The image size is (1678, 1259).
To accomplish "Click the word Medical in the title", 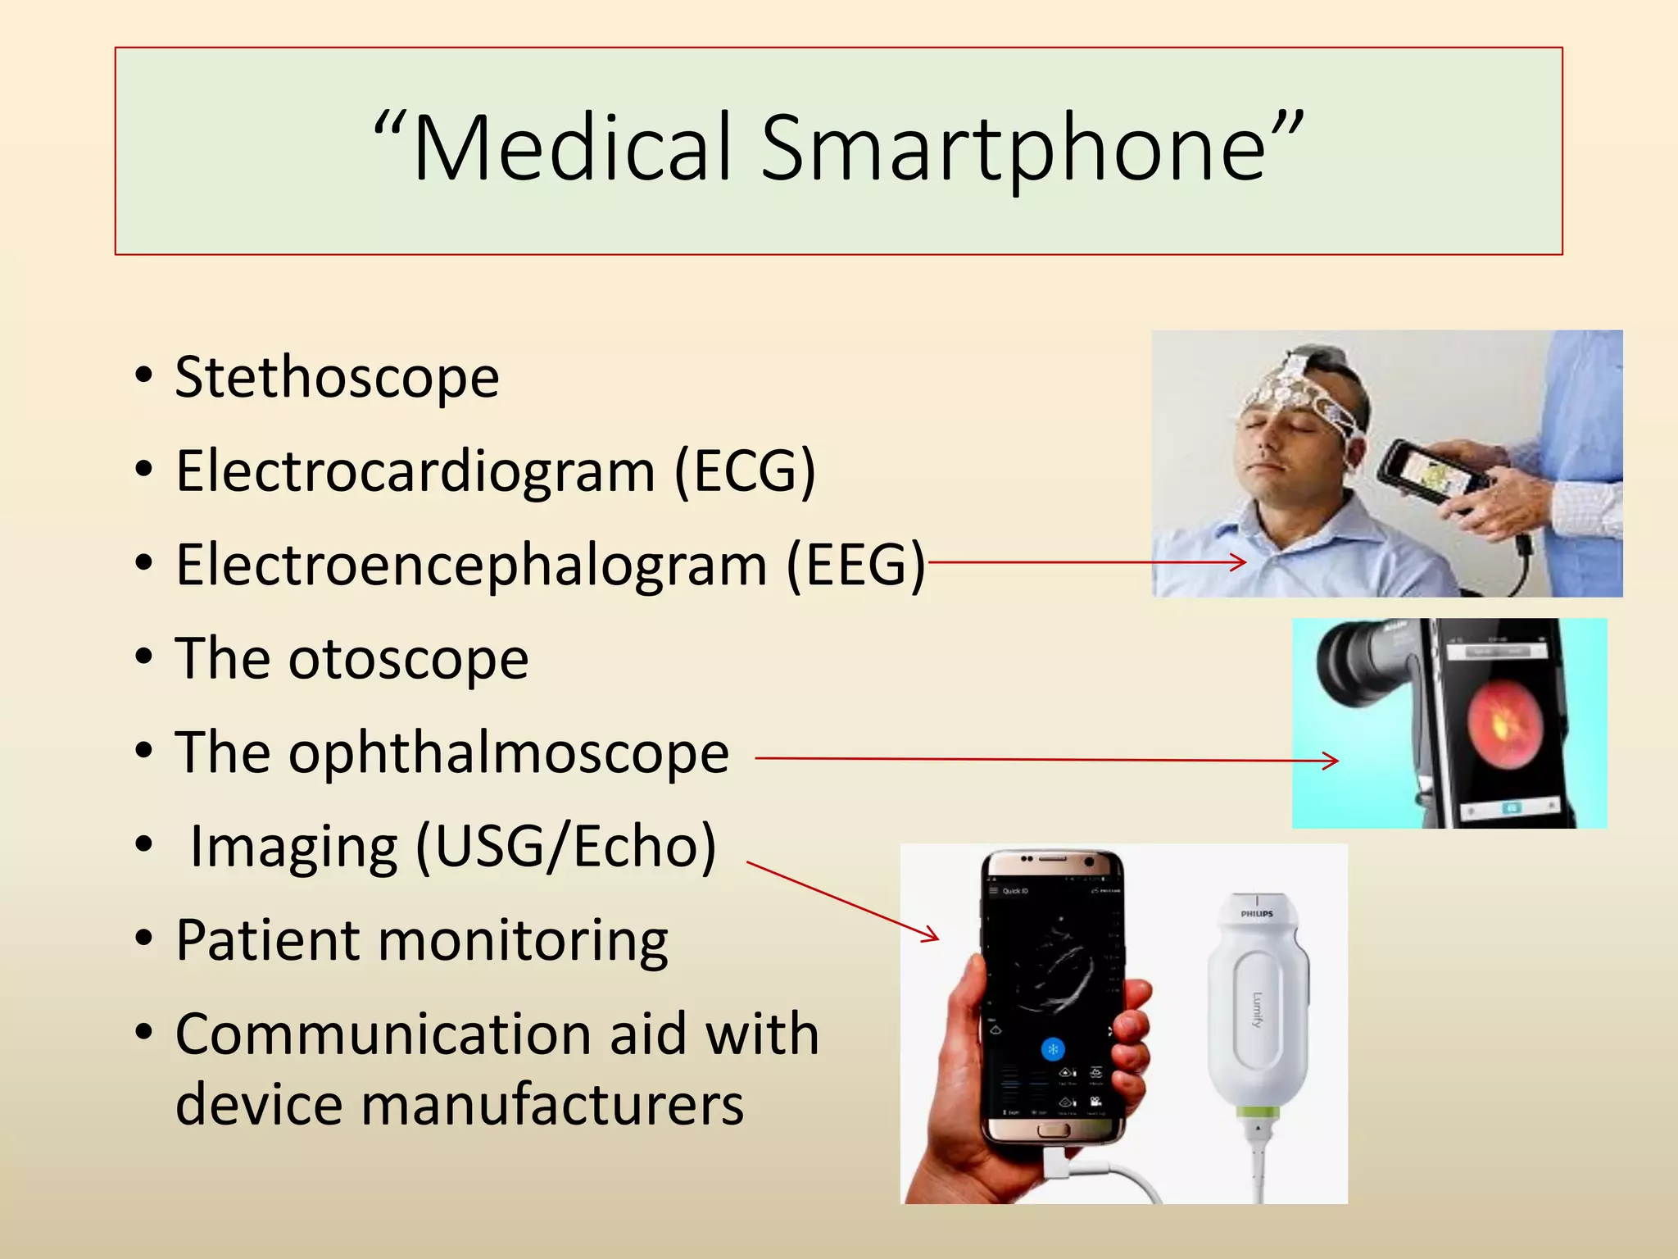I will [572, 148].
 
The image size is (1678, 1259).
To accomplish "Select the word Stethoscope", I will [337, 378].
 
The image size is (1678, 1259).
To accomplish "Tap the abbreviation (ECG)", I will [744, 471].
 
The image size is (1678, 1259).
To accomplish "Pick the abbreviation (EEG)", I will [855, 565].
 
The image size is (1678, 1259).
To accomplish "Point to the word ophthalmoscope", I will [508, 753].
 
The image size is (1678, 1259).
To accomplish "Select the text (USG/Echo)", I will [566, 846].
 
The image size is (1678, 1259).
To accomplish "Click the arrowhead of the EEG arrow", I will [1240, 562].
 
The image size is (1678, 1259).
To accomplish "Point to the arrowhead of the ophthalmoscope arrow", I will [1333, 761].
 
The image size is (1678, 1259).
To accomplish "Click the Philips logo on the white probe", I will [1256, 913].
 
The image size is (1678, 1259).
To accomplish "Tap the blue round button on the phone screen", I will [1053, 1049].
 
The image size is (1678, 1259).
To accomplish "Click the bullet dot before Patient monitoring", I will [144, 939].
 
